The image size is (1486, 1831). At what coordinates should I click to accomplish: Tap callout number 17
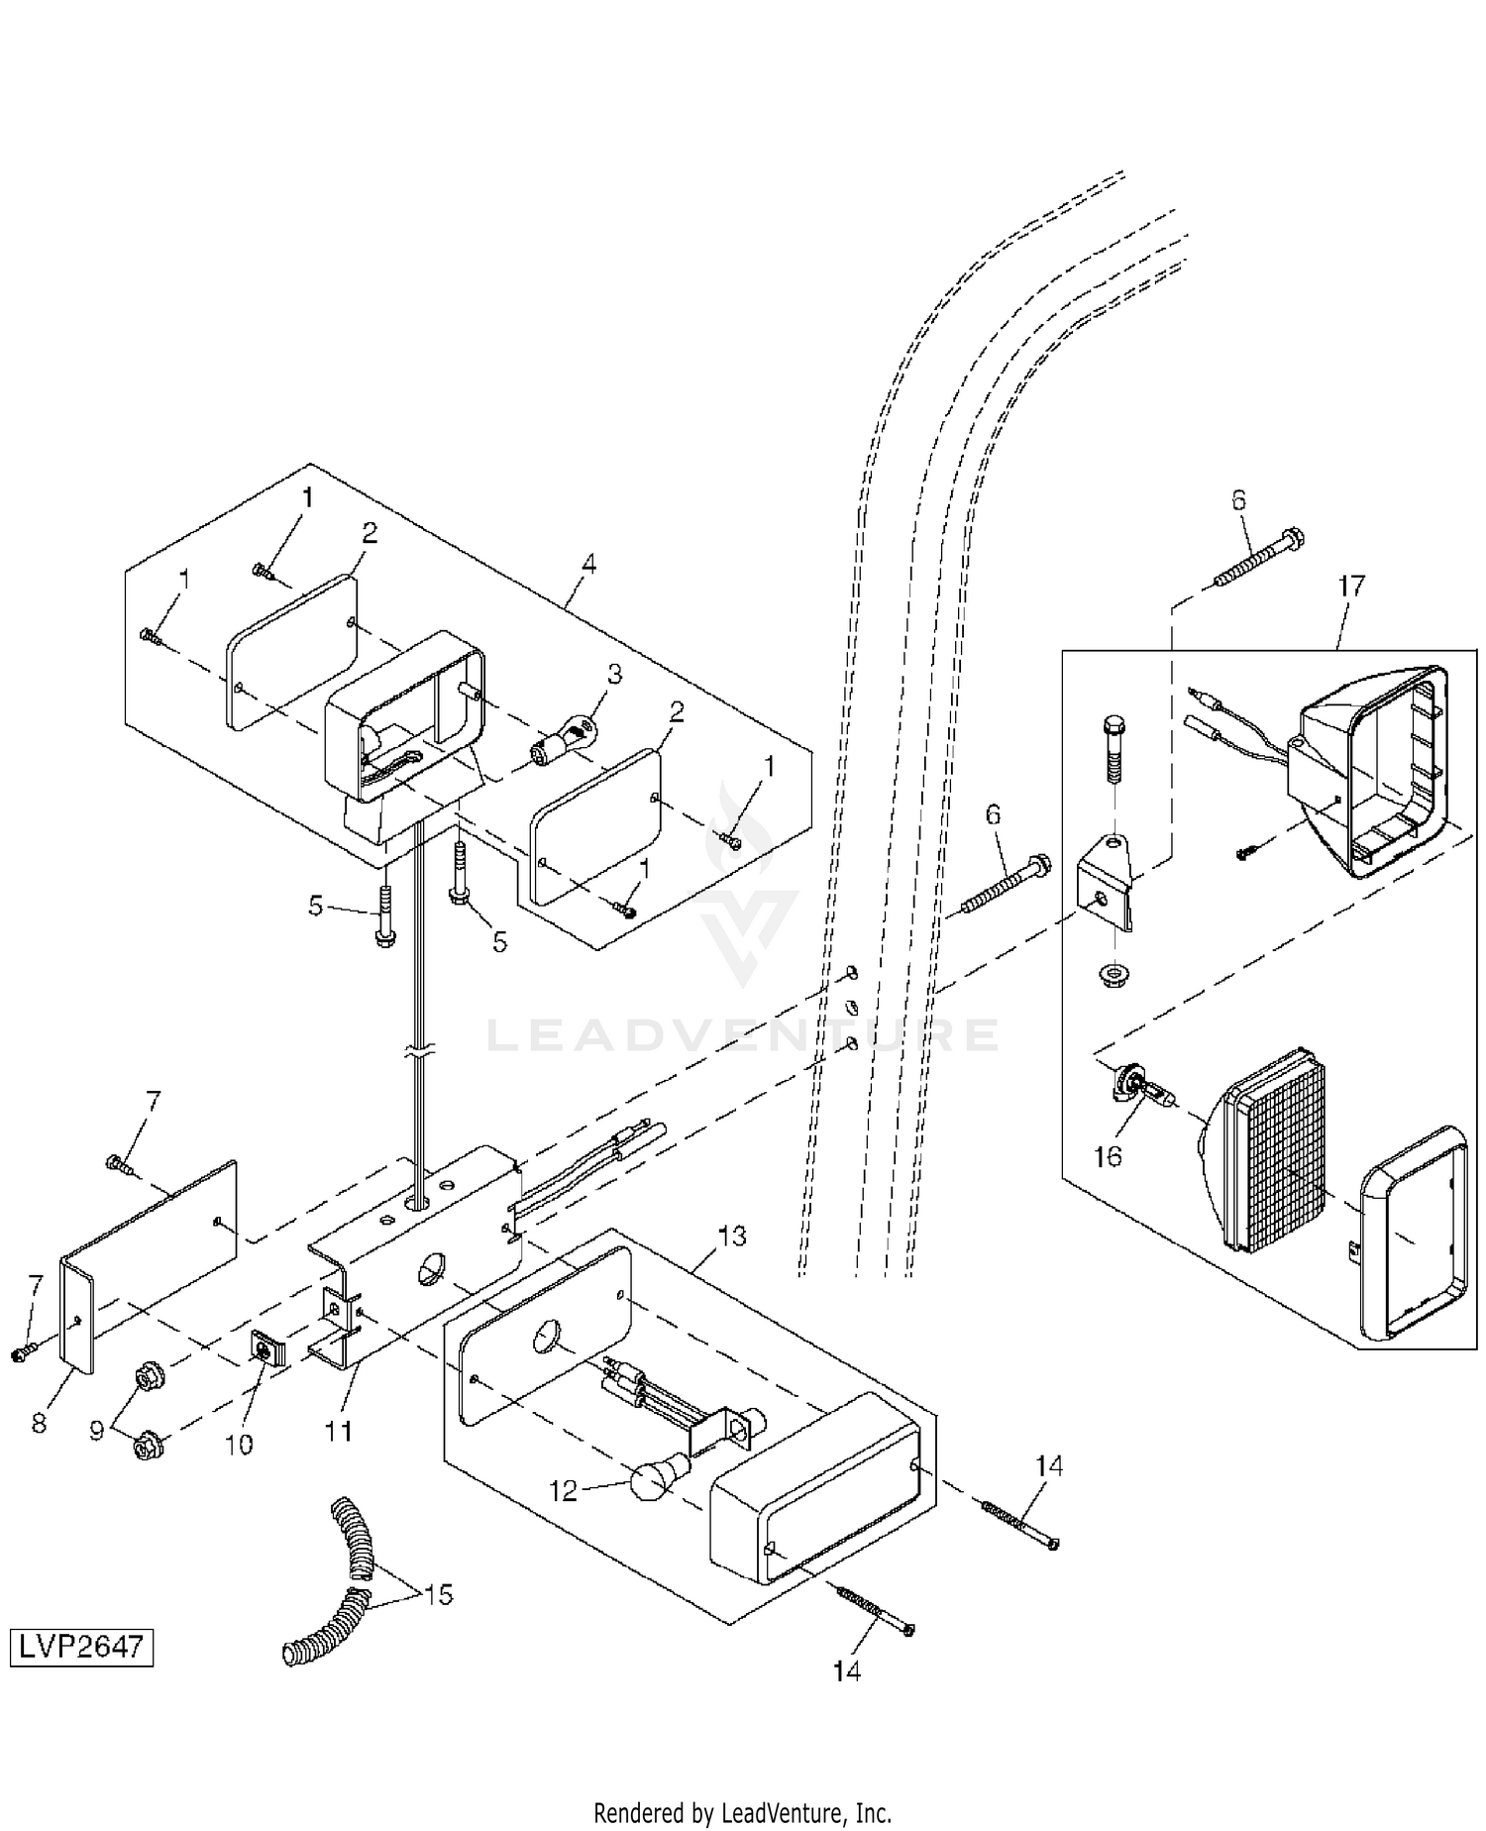tap(1350, 586)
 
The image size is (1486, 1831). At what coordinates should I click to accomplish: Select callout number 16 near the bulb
tap(1108, 1156)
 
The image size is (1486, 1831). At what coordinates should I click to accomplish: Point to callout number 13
tap(732, 1237)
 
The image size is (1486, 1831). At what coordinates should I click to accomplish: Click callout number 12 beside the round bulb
tap(563, 1490)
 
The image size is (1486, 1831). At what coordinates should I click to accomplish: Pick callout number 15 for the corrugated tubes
tap(438, 1594)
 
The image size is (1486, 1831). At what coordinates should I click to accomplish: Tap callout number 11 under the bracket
tap(339, 1431)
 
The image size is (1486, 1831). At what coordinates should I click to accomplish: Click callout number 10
tap(239, 1444)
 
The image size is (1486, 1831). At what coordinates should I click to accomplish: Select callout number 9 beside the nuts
tap(97, 1431)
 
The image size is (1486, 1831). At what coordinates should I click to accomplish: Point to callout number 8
tap(39, 1424)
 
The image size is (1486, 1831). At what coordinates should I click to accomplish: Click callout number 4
tap(588, 564)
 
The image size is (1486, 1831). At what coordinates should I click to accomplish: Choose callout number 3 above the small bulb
tap(614, 675)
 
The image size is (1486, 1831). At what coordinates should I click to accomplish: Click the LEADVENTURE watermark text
tap(743, 1035)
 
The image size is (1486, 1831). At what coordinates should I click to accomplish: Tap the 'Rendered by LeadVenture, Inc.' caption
tap(742, 1813)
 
